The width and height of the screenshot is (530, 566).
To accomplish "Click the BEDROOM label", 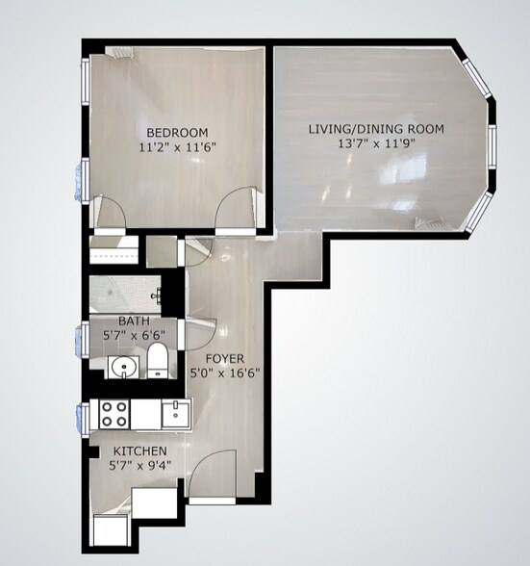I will click(x=177, y=133).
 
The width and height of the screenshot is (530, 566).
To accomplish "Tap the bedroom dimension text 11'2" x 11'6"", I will click(x=177, y=148).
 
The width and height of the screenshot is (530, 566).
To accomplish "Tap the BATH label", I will click(x=134, y=322).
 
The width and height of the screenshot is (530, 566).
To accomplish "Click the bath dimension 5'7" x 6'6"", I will click(x=134, y=336).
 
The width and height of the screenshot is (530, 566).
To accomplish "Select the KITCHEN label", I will click(x=140, y=451).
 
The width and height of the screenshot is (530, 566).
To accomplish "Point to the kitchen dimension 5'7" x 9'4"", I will click(x=140, y=467).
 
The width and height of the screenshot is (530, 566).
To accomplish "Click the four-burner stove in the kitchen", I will click(x=115, y=415).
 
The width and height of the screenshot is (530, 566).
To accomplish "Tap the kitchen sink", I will click(x=174, y=415).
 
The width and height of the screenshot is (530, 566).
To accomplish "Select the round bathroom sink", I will click(x=120, y=367).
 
